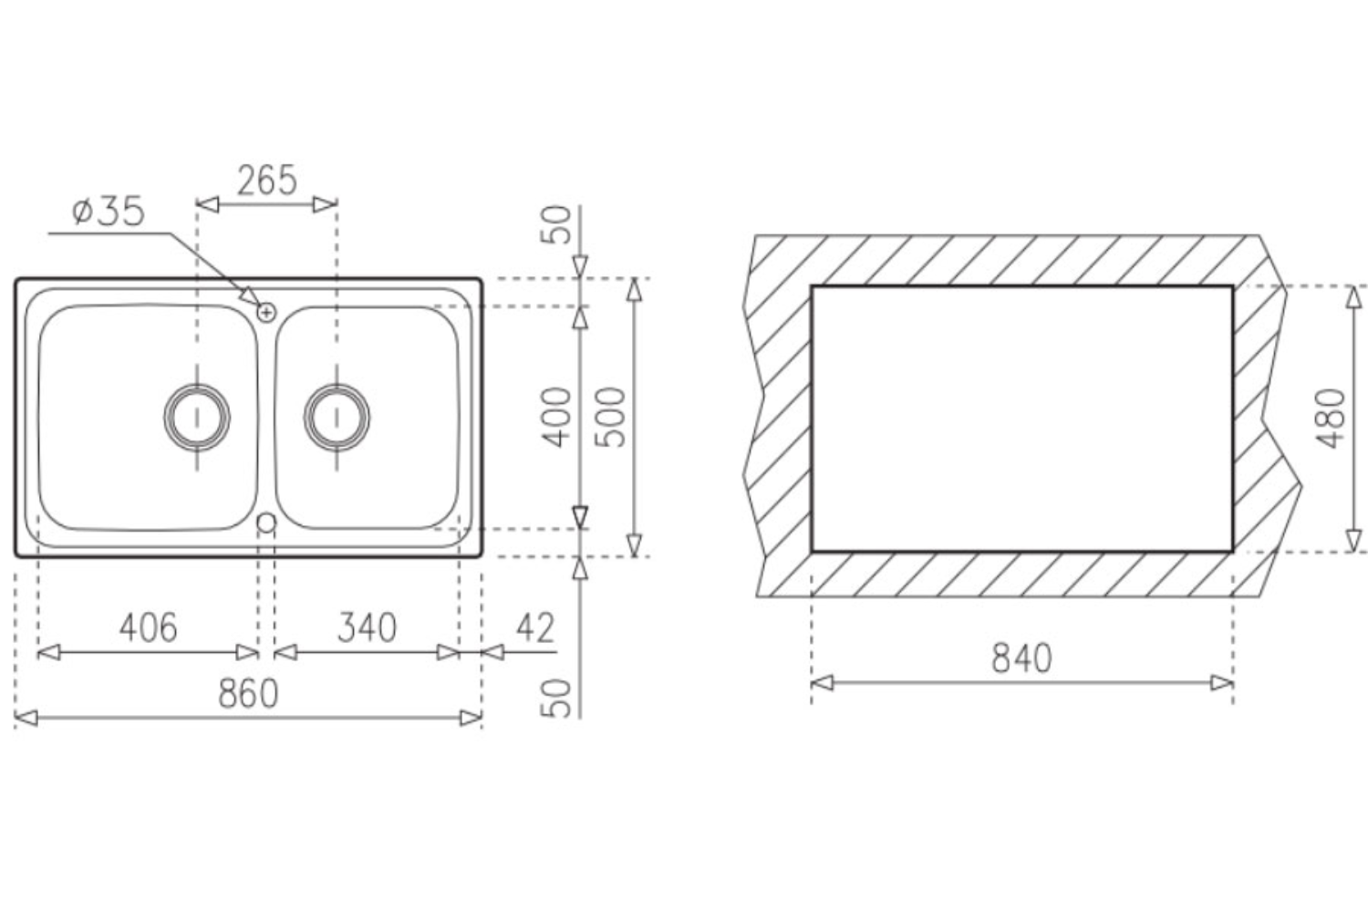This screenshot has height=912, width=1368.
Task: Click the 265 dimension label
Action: click(267, 181)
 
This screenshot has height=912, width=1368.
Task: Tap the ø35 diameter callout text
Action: click(109, 212)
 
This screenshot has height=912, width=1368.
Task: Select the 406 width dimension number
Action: click(148, 627)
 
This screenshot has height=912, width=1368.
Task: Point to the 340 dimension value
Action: click(367, 627)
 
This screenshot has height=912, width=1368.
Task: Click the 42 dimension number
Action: click(535, 627)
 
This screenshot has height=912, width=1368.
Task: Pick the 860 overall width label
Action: click(248, 693)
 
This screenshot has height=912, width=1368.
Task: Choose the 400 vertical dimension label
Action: click(556, 417)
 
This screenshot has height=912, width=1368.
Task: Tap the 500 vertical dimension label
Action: click(611, 417)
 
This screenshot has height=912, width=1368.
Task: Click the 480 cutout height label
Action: click(1331, 419)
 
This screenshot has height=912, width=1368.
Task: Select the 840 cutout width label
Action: click(1021, 658)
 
